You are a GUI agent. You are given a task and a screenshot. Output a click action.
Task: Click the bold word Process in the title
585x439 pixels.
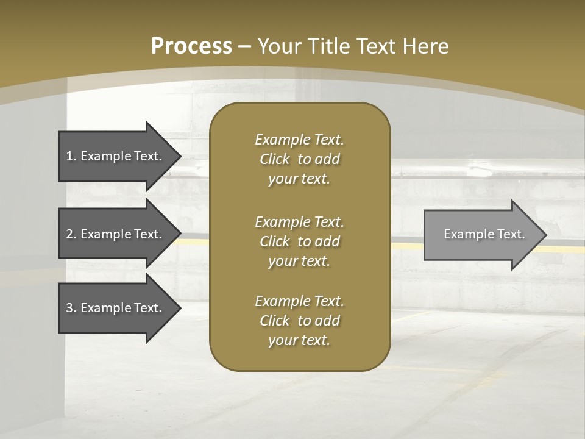click(x=191, y=46)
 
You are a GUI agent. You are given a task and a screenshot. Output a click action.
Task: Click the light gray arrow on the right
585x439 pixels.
click(x=481, y=234)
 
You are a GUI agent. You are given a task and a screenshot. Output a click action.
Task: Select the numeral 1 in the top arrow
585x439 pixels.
click(x=69, y=156)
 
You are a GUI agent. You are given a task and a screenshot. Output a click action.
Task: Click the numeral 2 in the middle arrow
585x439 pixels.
click(x=69, y=234)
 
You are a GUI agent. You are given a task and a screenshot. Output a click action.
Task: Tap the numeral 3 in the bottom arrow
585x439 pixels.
click(x=69, y=308)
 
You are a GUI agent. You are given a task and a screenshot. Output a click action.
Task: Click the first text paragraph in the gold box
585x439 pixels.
click(x=299, y=159)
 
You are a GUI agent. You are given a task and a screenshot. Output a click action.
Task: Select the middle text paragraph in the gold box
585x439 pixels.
click(x=299, y=241)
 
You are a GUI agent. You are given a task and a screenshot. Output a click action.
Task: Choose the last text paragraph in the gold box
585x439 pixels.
click(x=299, y=321)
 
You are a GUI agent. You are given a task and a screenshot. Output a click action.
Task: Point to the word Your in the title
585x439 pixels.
click(x=278, y=46)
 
